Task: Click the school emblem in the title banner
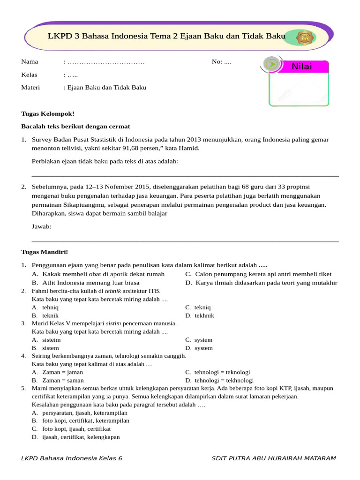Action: pyautogui.click(x=304, y=37)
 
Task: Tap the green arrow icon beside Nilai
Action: pyautogui.click(x=271, y=64)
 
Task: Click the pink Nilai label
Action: pyautogui.click(x=302, y=67)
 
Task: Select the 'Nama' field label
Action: pyautogui.click(x=30, y=61)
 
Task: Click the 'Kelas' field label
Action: pyautogui.click(x=30, y=75)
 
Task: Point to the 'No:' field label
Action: pyautogui.click(x=217, y=61)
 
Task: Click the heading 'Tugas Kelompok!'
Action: pyautogui.click(x=48, y=113)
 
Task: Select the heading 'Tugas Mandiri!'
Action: pyautogui.click(x=45, y=252)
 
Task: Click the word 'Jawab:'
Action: pyautogui.click(x=42, y=226)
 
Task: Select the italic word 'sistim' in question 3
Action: pyautogui.click(x=114, y=323)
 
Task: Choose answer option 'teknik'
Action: pyautogui.click(x=50, y=315)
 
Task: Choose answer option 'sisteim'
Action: pyautogui.click(x=52, y=340)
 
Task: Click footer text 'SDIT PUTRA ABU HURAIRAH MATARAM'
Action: pyautogui.click(x=273, y=458)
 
